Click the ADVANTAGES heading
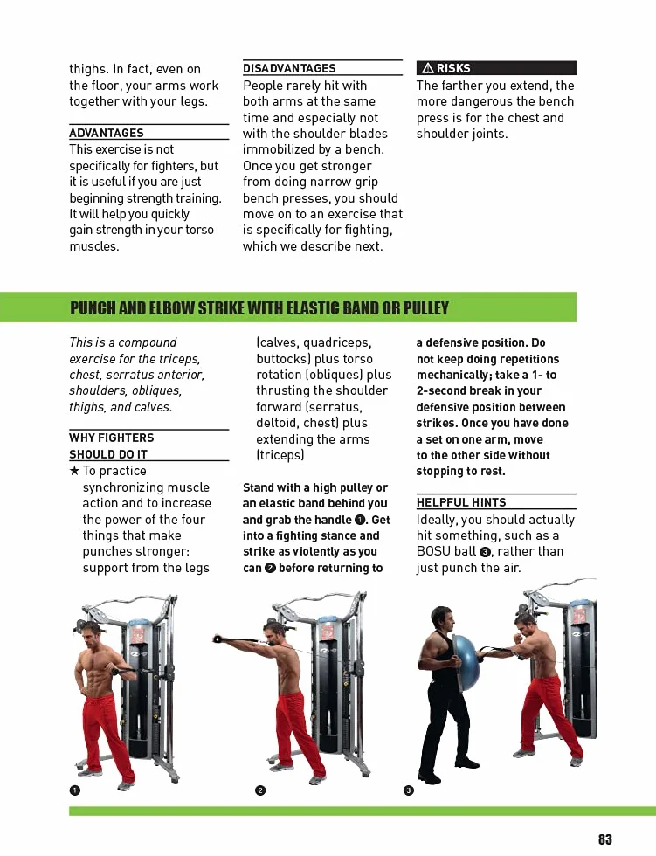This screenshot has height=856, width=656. coord(107,133)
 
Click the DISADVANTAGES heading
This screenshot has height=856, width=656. coord(289,68)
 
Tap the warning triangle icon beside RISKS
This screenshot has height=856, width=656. coord(428,68)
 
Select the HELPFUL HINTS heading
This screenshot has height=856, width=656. coord(461,502)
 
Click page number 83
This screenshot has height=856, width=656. coord(604,839)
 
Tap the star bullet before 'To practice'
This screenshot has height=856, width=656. coord(74,471)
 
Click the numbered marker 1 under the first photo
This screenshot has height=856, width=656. coord(75,790)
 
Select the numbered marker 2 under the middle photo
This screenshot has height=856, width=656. coord(260,790)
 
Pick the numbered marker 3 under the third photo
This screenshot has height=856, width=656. coord(408,790)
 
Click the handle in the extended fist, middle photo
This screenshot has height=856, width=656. coord(218,639)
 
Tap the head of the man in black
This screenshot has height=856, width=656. coord(447,619)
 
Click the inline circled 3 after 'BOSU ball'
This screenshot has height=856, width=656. coord(484,552)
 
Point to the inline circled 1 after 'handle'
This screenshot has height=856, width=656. coord(360,520)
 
